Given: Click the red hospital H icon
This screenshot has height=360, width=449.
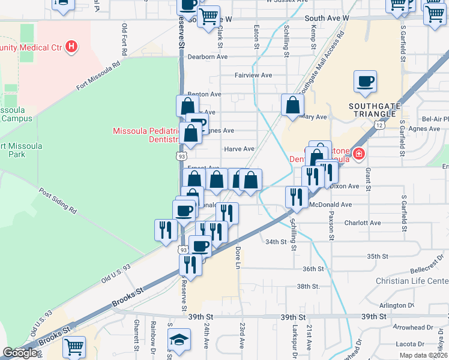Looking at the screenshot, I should coord(72,46).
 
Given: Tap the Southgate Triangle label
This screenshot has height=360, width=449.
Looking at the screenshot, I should coord(374,110).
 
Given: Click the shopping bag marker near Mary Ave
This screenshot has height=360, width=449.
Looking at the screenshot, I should coord(292,105).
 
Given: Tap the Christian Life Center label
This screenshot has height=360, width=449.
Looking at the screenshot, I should coord(412,281).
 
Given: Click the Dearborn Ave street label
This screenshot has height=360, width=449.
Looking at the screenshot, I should coord(207,57).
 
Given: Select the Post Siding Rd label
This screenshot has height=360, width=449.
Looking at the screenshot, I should coord(58,202).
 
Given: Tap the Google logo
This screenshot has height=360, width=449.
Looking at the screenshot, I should coord(20,353).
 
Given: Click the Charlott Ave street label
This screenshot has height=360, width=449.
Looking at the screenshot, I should coord(363,223).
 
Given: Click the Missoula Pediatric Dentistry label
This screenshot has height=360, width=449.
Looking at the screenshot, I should coord(148,135).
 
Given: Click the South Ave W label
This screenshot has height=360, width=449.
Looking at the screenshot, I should coord(327,19).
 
